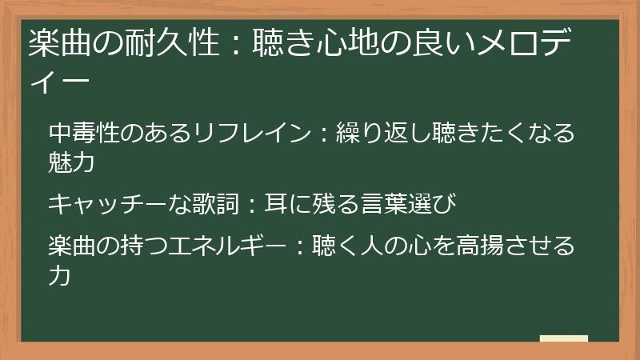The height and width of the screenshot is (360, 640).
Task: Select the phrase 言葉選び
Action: [x=413, y=204]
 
